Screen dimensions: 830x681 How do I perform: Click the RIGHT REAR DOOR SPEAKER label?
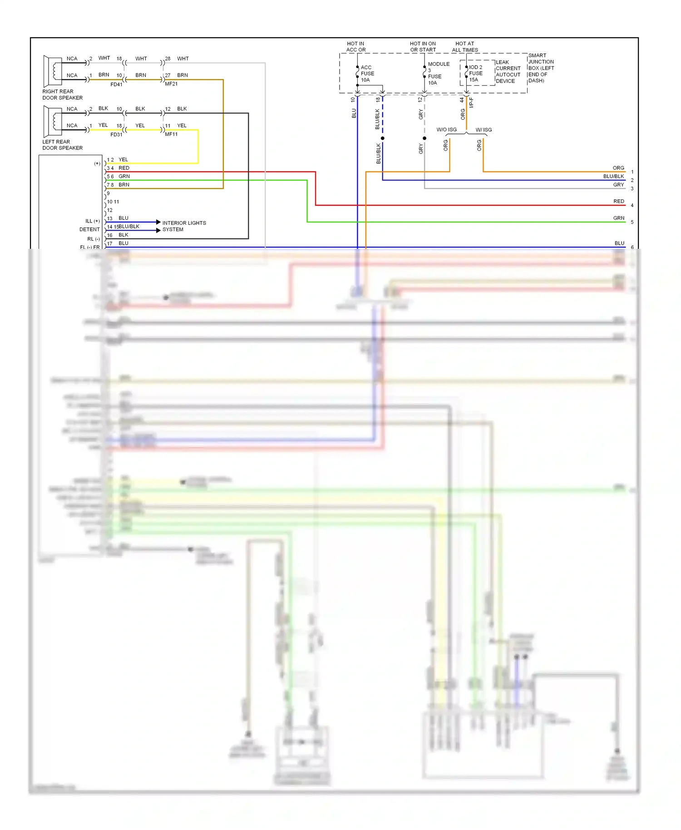tap(62, 94)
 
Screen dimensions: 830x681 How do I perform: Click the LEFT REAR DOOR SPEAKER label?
tap(62, 145)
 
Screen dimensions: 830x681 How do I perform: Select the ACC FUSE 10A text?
tap(367, 74)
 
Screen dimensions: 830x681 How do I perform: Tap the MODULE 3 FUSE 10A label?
tap(438, 73)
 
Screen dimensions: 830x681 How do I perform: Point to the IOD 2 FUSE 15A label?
tap(475, 73)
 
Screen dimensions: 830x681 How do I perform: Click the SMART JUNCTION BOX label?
tap(541, 68)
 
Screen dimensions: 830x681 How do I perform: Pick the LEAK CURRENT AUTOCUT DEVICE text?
tap(508, 72)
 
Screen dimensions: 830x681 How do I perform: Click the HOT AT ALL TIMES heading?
tap(465, 47)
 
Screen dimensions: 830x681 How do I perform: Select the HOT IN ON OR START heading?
tap(423, 47)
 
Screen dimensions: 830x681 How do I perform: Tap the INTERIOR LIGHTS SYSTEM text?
tap(184, 226)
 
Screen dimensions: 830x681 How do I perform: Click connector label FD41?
tap(116, 84)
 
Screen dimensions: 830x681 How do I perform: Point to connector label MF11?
tap(171, 134)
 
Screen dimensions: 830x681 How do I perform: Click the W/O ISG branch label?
tap(446, 130)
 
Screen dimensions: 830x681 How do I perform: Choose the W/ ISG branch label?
tap(484, 130)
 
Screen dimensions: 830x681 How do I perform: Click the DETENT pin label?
tap(89, 230)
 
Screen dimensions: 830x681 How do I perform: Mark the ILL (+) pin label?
tap(93, 221)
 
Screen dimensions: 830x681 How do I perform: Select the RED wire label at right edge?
tap(618, 201)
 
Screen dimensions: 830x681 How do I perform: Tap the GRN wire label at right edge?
tap(618, 218)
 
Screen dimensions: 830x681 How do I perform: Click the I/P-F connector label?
tap(471, 103)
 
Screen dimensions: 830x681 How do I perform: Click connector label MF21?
tap(171, 84)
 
